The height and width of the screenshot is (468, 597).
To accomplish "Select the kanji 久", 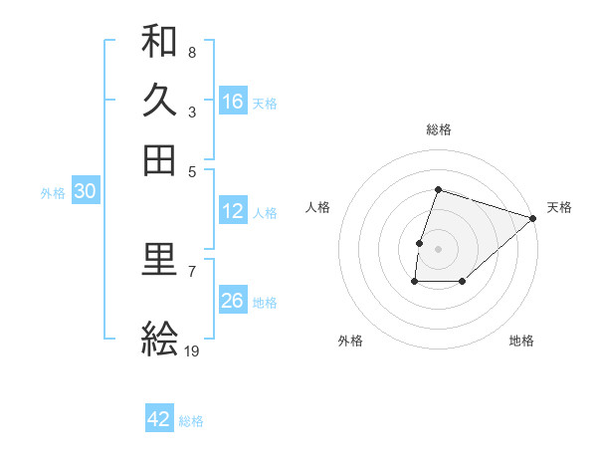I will pyautogui.click(x=159, y=101).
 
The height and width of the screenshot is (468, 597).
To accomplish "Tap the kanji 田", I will pyautogui.click(x=159, y=159).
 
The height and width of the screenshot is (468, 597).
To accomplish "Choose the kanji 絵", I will pyautogui.click(x=159, y=339).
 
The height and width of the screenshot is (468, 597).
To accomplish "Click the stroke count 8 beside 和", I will pyautogui.click(x=191, y=52).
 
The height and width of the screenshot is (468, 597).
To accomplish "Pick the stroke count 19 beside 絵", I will pyautogui.click(x=192, y=350).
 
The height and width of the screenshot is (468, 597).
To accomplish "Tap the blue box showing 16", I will pyautogui.click(x=233, y=101).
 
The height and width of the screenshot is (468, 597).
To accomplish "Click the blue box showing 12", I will pyautogui.click(x=233, y=211).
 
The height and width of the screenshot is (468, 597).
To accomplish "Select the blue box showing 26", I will pyautogui.click(x=233, y=301).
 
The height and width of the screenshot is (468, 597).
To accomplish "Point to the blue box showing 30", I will pyautogui.click(x=85, y=192).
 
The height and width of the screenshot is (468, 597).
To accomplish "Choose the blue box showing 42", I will pyautogui.click(x=159, y=419).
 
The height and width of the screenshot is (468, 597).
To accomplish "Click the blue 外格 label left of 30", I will pyautogui.click(x=52, y=193).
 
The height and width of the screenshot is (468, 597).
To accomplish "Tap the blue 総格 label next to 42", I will pyautogui.click(x=191, y=420).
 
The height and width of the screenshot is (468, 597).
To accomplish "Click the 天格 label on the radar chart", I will pyautogui.click(x=559, y=207).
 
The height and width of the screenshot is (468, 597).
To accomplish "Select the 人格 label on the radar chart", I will pyautogui.click(x=317, y=207).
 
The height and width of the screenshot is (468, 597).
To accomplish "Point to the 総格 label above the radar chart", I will pyautogui.click(x=438, y=129).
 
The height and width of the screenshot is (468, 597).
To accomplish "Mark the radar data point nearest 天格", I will pyautogui.click(x=533, y=218).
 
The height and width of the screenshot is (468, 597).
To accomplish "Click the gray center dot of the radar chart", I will pyautogui.click(x=438, y=248).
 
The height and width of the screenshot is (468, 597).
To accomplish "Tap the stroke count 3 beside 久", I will pyautogui.click(x=191, y=112).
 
